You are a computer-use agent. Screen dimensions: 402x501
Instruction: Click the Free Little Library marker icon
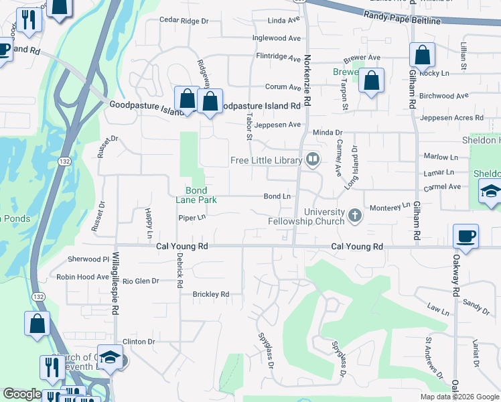(x=312, y=159)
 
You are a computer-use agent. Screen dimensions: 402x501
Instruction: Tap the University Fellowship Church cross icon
(x=355, y=216)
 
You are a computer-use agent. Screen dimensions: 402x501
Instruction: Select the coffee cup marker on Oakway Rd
(x=466, y=236)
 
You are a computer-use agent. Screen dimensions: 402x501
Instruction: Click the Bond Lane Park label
(x=196, y=194)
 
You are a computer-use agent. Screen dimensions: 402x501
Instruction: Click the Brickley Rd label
(x=210, y=294)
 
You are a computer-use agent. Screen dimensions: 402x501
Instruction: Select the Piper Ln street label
(x=192, y=218)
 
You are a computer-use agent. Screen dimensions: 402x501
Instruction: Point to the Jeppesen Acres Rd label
(x=452, y=118)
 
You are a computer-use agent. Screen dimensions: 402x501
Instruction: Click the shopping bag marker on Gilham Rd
(x=422, y=54)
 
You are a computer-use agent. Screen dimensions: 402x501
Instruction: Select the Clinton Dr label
(x=139, y=341)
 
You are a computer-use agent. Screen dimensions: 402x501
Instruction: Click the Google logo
(x=22, y=395)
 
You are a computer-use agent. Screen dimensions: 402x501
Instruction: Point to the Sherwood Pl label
(x=88, y=259)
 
